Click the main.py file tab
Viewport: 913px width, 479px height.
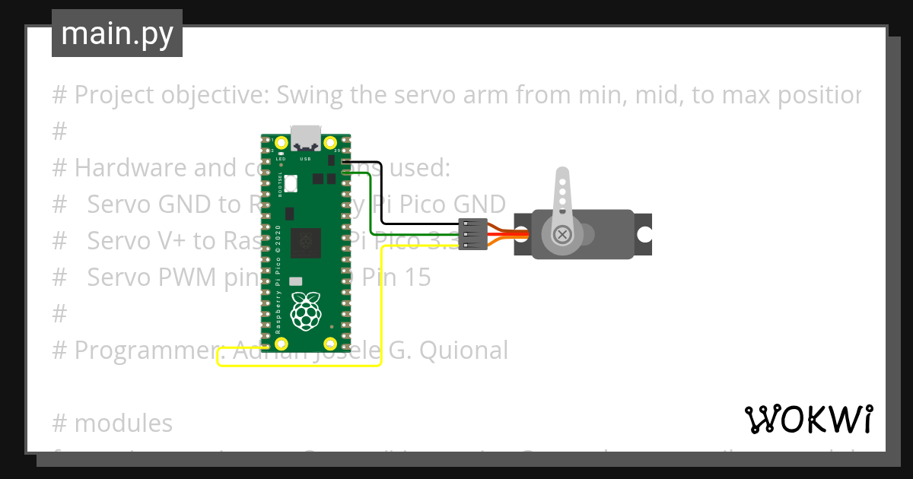pyautogui.click(x=116, y=33)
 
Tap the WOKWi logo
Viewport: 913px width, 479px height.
pyautogui.click(x=808, y=419)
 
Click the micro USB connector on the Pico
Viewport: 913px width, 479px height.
pyautogui.click(x=306, y=138)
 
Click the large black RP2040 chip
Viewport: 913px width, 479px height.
pyautogui.click(x=306, y=243)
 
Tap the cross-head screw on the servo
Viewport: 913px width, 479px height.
pyautogui.click(x=562, y=234)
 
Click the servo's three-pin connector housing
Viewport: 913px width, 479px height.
pyautogui.click(x=472, y=234)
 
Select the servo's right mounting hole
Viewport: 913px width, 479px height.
pyautogui.click(x=644, y=234)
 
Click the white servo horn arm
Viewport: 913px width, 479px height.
pyautogui.click(x=562, y=194)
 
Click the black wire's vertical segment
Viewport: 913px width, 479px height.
pyautogui.click(x=381, y=194)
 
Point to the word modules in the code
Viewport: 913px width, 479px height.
pyautogui.click(x=123, y=423)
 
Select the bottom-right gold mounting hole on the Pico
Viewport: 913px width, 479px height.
pyautogui.click(x=330, y=343)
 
